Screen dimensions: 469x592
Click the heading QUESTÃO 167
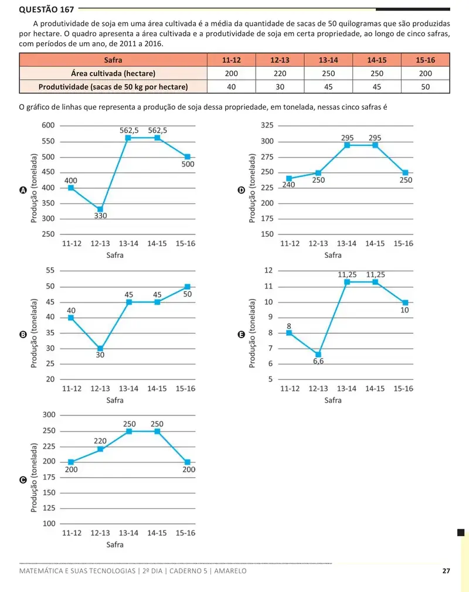pos(46,9)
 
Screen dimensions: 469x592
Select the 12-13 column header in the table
pos(280,60)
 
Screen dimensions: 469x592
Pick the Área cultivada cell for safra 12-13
pos(280,73)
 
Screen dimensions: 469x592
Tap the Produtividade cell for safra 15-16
pos(425,87)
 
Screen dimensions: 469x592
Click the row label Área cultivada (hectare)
pos(113,73)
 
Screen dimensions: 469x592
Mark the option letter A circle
pos(23,190)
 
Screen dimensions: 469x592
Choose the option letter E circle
pos(241,335)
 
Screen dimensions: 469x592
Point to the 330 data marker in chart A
pos(100,209)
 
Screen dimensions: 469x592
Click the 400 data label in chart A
pos(70,181)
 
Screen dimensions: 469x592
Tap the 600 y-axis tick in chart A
pos(48,125)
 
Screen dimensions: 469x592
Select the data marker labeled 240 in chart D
pos(289,179)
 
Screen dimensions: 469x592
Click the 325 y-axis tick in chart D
pos(267,125)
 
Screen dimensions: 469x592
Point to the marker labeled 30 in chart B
pos(100,349)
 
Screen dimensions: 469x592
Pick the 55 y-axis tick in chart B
pos(50,270)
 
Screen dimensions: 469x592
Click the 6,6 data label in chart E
pos(318,361)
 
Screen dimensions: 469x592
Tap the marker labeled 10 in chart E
pos(405,302)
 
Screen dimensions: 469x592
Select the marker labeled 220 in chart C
pos(100,449)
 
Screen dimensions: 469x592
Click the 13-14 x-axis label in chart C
pos(128,533)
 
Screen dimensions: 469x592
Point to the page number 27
pos(446,571)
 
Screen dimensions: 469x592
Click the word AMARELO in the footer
pos(230,571)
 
